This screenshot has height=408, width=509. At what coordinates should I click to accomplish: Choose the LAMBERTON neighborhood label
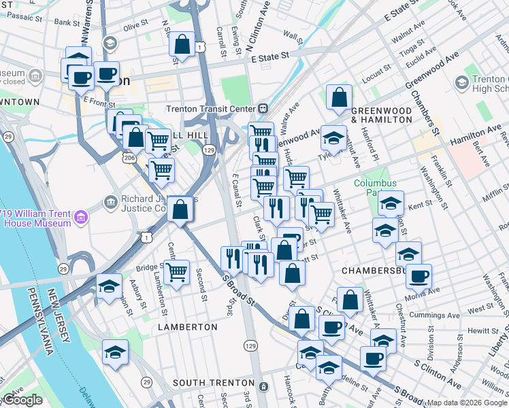click(188, 327)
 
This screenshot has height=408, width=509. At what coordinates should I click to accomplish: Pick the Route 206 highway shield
click(128, 157)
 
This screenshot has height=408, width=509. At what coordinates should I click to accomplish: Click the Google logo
click(22, 400)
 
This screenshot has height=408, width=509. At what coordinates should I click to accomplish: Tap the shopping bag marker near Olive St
click(182, 45)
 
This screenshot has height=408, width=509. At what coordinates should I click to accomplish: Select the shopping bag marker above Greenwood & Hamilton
click(338, 97)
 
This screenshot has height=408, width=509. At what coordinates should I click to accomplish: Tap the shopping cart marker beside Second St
click(177, 273)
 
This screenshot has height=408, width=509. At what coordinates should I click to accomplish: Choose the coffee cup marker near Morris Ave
click(419, 277)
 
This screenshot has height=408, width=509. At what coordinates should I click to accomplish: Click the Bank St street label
click(67, 22)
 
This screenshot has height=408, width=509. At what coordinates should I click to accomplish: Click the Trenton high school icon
click(461, 82)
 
